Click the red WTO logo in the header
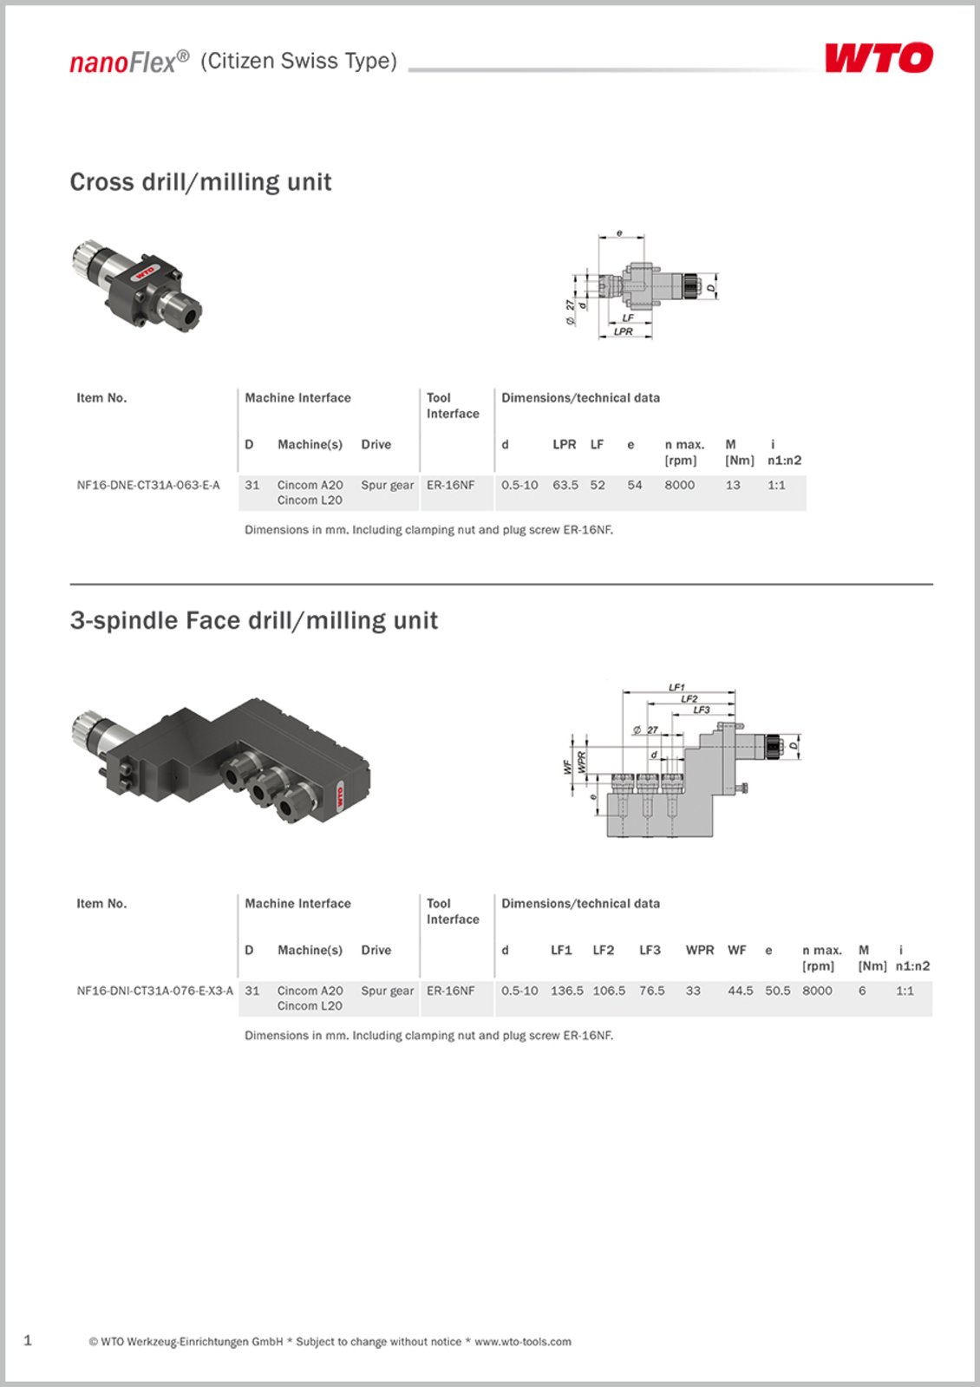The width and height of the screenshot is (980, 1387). pos(878,59)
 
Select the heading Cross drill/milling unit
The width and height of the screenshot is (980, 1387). pos(200,182)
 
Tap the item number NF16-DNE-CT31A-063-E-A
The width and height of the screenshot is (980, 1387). pos(148,485)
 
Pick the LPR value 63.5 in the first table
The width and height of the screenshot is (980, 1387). pos(565,485)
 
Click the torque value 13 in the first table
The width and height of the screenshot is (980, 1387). pos(733,485)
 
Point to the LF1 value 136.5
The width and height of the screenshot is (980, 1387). pos(566,991)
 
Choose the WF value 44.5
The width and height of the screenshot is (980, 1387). pos(740,991)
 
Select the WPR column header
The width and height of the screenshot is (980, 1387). pos(699,950)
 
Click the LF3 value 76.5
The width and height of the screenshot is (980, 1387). pos(651,991)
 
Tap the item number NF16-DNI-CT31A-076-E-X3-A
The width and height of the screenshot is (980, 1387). pos(154,991)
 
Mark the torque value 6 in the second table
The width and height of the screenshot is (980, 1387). pos(862,991)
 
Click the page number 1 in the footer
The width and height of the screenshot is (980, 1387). pos(28,1340)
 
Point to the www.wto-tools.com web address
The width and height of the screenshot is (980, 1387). pos(523,1342)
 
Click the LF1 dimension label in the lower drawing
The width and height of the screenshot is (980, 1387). pos(676,687)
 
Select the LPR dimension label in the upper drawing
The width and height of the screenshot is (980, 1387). pos(624,331)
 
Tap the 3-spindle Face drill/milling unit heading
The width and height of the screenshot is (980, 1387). pos(253,621)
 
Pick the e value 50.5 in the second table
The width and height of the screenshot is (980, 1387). pos(777,991)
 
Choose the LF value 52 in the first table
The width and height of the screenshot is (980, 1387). pos(598,485)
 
